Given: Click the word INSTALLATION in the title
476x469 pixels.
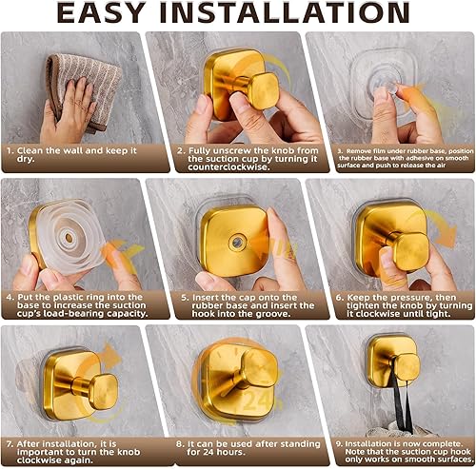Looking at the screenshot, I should (304, 15).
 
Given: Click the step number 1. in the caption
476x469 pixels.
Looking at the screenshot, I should (8, 150).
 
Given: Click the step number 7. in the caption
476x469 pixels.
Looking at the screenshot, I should (8, 441).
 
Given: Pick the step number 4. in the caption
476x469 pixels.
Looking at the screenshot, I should (8, 297).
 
